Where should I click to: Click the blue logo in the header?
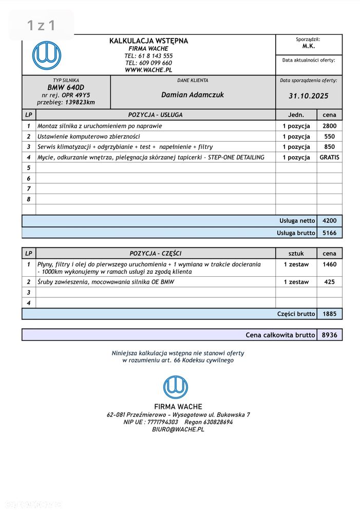[x=46, y=55]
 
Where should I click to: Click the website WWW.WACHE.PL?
[x=148, y=70]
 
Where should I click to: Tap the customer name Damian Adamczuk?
[x=193, y=94]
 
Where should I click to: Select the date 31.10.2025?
[x=308, y=96]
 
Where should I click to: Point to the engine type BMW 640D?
[x=66, y=87]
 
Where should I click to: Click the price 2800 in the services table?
[x=329, y=126]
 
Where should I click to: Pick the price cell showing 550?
[x=329, y=137]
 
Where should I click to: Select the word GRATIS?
[x=329, y=158]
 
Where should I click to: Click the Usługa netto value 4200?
[x=329, y=221]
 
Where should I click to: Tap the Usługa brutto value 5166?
[x=329, y=233]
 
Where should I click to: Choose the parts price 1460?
[x=329, y=264]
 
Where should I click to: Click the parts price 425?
[x=329, y=282]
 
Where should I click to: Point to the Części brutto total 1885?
[x=329, y=314]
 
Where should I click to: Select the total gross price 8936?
[x=329, y=335]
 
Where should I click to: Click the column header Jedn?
[x=296, y=115]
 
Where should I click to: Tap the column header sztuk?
[x=296, y=253]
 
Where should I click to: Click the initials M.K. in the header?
[x=309, y=46]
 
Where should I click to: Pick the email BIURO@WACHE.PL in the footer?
[x=178, y=429]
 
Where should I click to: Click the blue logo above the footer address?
[x=176, y=387]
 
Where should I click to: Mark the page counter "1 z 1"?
[x=41, y=25]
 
